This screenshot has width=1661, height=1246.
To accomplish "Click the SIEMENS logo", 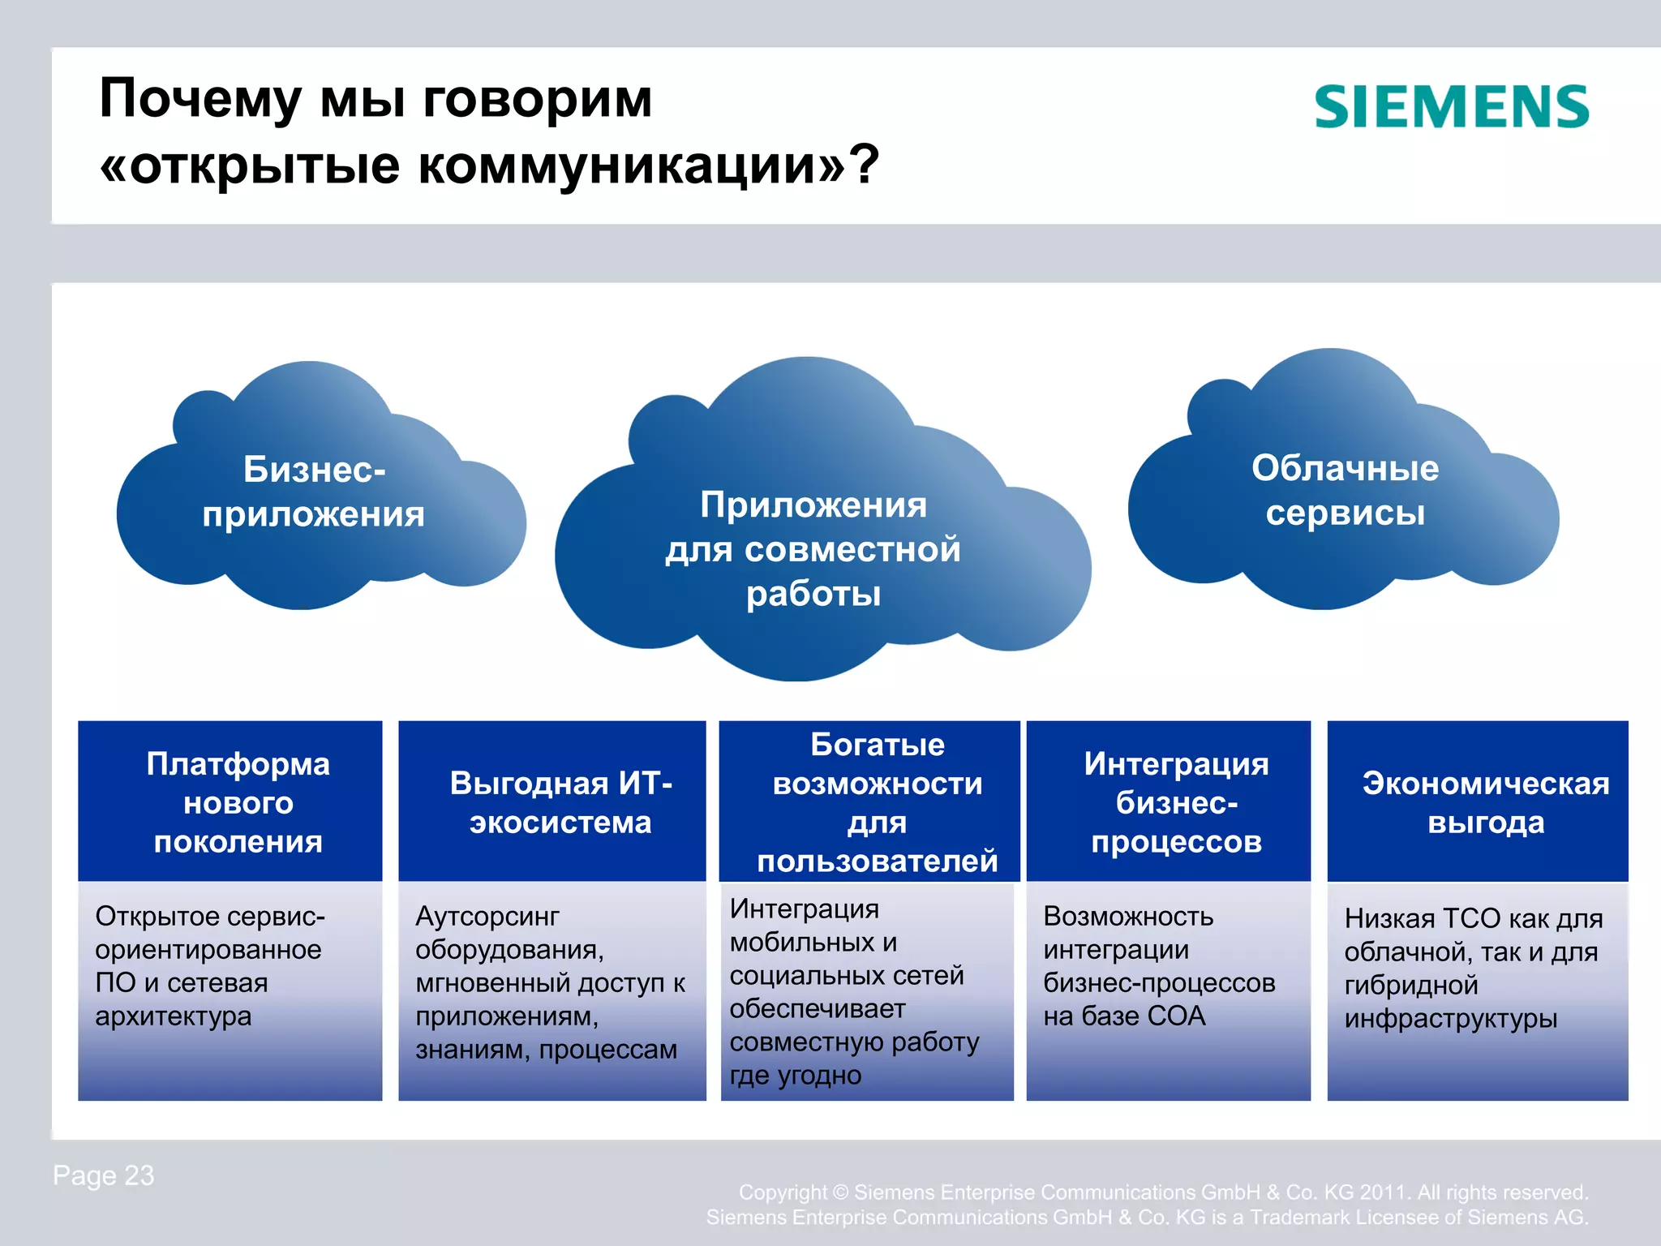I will tap(1451, 107).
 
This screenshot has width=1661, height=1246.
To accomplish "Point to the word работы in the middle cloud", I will tap(813, 594).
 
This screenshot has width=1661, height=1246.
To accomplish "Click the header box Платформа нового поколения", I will tap(238, 801).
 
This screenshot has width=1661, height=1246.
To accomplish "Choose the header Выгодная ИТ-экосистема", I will tap(560, 801).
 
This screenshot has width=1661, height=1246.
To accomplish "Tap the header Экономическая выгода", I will tap(1485, 801).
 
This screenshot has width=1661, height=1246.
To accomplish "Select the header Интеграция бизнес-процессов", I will tap(1175, 801).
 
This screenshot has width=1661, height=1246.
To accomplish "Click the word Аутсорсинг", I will tap(487, 916).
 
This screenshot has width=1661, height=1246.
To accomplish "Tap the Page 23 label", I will tap(103, 1175).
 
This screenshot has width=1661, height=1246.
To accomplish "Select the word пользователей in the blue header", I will tap(877, 861).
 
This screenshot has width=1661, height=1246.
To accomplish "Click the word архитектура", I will tap(173, 1016).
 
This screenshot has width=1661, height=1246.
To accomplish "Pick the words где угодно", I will tap(795, 1075).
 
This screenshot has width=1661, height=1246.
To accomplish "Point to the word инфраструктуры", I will tap(1450, 1018).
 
